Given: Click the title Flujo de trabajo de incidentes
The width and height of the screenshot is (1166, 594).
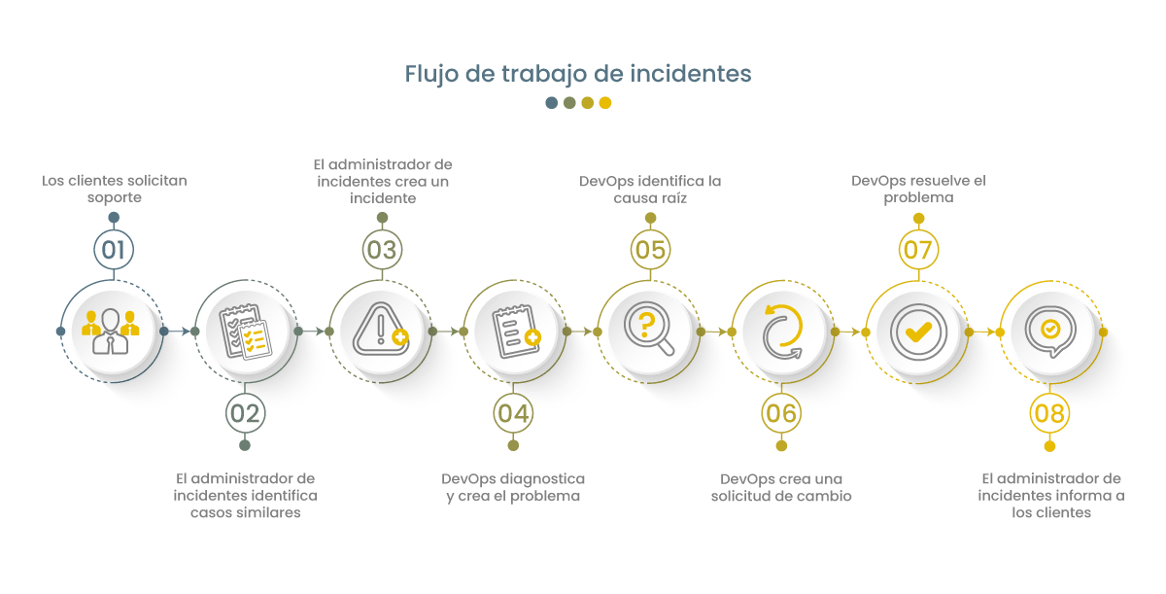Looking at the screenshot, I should [x=578, y=75].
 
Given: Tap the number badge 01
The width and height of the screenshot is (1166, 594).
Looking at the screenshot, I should [x=114, y=250].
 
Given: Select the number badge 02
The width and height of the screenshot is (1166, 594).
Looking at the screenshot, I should [x=245, y=413].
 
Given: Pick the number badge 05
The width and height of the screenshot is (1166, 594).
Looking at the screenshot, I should [x=649, y=250].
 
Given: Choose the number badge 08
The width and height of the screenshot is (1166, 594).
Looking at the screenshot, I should [x=1049, y=413].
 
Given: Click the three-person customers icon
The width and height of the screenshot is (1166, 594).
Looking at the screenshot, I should [x=112, y=332].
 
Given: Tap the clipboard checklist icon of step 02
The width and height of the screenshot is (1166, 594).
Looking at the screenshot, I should [x=245, y=332].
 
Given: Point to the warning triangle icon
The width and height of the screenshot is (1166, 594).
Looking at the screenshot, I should [x=380, y=332].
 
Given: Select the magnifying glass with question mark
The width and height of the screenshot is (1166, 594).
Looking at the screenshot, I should [x=648, y=332].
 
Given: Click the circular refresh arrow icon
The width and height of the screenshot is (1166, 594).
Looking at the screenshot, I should [x=783, y=332].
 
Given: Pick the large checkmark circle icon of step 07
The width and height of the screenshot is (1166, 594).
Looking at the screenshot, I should [x=916, y=332].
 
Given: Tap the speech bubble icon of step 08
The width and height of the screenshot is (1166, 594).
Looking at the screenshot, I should [x=1050, y=332].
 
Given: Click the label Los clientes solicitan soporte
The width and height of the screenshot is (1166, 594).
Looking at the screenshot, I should [x=114, y=189].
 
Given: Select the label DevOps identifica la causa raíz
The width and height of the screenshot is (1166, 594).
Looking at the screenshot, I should [x=649, y=189].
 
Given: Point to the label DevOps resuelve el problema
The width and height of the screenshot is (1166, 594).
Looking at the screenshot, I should [x=917, y=189].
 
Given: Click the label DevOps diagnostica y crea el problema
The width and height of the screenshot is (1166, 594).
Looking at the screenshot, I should [x=512, y=487].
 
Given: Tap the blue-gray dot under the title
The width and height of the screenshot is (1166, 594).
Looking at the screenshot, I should [x=552, y=103].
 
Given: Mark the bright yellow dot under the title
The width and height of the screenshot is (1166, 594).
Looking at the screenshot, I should [x=605, y=103].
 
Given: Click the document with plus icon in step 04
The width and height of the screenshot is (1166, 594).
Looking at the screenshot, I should [x=515, y=332].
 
